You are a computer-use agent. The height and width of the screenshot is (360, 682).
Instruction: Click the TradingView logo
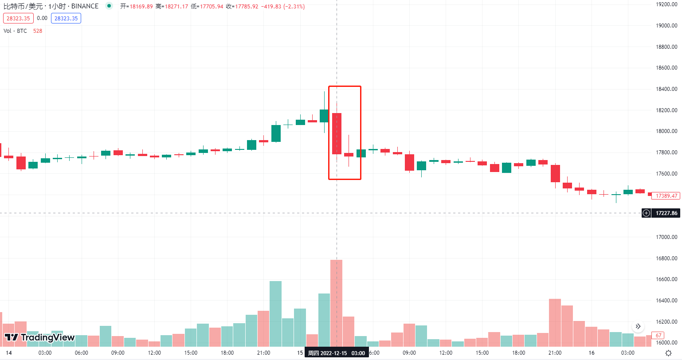coord(39,337)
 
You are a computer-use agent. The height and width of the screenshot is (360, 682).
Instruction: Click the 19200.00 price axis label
coord(666,4)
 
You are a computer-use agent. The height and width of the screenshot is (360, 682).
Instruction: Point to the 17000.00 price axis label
coord(666,237)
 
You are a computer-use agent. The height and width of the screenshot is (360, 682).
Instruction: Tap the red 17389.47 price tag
coord(666,196)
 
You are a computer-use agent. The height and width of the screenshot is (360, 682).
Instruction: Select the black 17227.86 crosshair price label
coord(666,213)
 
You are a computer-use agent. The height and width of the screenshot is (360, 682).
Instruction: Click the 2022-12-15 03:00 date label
coord(337,353)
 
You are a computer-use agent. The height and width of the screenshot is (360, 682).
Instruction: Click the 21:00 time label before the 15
coord(263,353)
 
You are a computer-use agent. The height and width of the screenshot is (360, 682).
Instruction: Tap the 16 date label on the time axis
coord(591,353)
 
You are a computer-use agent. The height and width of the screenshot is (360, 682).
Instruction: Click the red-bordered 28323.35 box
coord(18,18)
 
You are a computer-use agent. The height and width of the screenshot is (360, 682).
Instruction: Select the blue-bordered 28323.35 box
coord(66,18)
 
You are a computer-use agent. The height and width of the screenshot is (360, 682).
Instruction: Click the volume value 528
coord(38,31)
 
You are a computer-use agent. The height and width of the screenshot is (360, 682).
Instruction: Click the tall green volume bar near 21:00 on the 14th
coord(275,313)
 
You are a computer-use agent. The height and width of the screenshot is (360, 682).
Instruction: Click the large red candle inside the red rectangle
coord(337,133)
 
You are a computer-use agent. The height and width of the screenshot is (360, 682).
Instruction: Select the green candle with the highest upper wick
coord(324,116)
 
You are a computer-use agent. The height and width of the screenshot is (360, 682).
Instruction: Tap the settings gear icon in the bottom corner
coord(668,353)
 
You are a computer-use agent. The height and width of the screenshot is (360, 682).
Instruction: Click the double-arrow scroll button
coord(638,327)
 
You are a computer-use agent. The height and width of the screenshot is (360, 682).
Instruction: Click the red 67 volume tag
coord(658,336)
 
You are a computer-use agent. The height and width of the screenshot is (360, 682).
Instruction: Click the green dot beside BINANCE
coord(109,6)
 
